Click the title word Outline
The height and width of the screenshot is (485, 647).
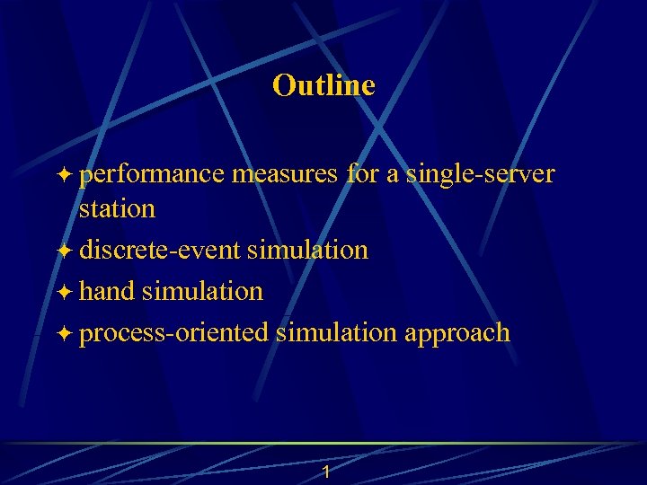coord(323,85)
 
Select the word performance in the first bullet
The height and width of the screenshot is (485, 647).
coord(151,175)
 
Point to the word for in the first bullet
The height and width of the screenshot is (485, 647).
coord(362,174)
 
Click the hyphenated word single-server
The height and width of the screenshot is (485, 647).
coord(480,175)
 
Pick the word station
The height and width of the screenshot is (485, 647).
coord(117,209)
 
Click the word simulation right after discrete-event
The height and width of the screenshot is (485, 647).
coord(307,250)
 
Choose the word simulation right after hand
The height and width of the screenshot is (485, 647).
coord(202,291)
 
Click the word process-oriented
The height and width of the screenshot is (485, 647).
coord(173,333)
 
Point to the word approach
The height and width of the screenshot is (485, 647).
coord(457,334)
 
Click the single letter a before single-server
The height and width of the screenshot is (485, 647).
coord(393,176)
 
